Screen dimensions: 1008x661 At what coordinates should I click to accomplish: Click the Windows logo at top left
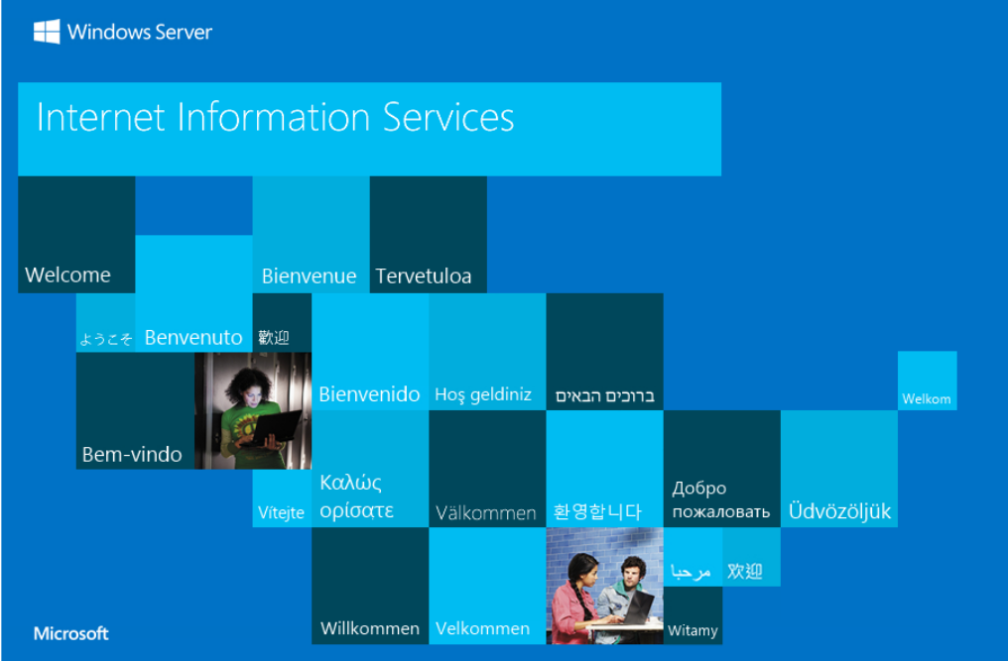47,32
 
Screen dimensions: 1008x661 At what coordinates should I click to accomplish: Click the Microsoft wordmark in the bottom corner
70,633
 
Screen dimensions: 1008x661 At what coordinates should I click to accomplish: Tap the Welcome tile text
67,275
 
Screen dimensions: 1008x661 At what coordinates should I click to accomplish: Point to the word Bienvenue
309,276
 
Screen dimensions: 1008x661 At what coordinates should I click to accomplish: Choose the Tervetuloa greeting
423,276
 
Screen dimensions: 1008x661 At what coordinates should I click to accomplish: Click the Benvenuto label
193,337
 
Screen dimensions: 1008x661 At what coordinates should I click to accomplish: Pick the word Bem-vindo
132,454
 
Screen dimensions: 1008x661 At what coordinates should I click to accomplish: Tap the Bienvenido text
369,393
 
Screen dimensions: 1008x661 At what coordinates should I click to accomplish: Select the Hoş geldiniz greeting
483,394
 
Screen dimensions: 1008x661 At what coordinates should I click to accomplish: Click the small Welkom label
927,399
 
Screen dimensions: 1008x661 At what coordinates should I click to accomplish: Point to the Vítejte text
281,512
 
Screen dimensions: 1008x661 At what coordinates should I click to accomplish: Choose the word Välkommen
485,512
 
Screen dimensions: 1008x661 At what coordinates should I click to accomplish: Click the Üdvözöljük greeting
839,510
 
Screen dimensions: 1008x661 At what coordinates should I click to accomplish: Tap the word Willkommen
370,628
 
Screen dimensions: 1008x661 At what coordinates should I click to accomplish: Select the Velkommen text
482,628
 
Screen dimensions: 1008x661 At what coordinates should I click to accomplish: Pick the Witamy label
693,631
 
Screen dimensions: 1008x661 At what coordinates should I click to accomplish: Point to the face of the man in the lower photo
631,572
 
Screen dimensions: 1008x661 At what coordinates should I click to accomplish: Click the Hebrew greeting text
604,395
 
